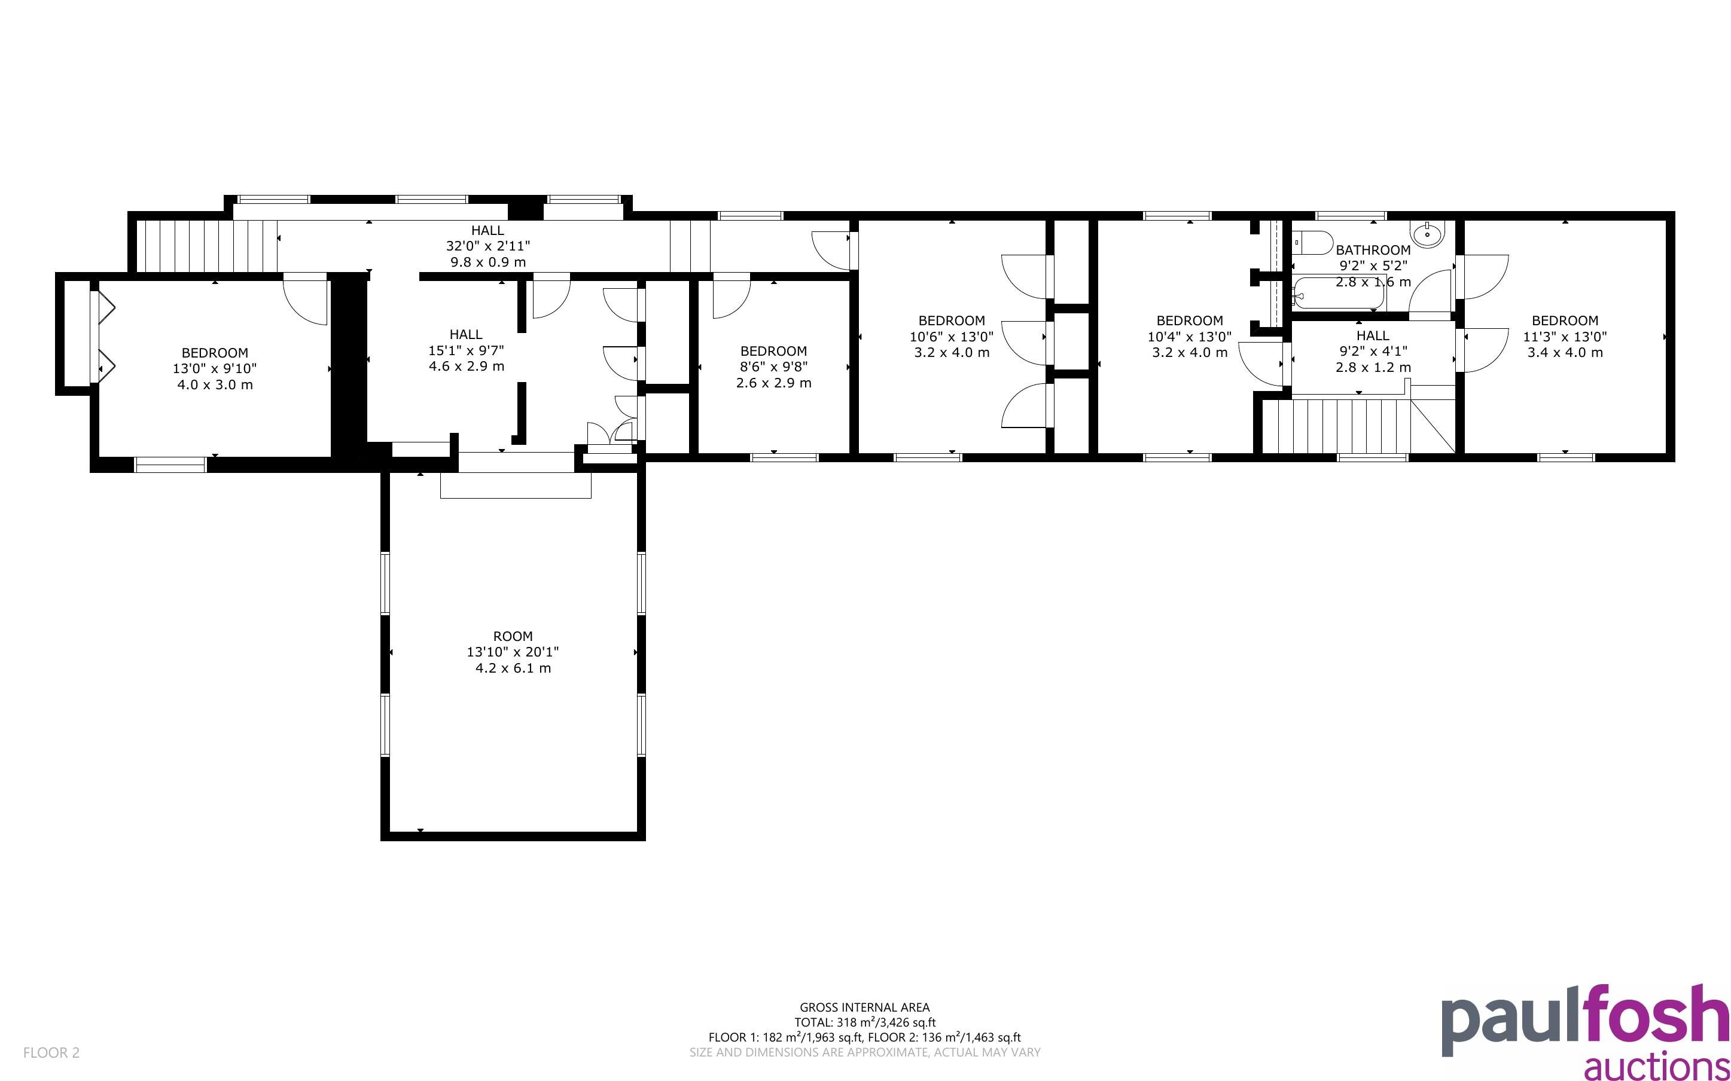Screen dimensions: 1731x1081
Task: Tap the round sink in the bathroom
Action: (x=1427, y=233)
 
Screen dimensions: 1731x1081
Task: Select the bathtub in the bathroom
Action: (x=1339, y=294)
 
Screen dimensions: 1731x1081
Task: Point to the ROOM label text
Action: (x=513, y=636)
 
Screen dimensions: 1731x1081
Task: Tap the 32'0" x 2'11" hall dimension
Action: (x=487, y=246)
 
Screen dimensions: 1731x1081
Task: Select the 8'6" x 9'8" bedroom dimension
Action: (x=773, y=367)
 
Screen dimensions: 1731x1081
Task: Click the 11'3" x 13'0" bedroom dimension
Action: (x=1564, y=336)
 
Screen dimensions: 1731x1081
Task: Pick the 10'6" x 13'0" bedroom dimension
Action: (x=951, y=336)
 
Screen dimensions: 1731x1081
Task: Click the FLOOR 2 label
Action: (x=51, y=1052)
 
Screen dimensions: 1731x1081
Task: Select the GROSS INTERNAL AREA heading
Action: (x=864, y=1008)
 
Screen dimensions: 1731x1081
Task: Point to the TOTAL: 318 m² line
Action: (x=864, y=1022)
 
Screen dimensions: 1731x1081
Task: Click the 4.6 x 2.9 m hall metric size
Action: (x=466, y=366)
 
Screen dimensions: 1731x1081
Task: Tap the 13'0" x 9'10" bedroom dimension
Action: (x=215, y=369)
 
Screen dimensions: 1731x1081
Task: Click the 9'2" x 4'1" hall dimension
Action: (x=1373, y=351)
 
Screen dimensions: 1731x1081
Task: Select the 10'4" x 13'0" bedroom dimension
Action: (x=1189, y=336)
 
